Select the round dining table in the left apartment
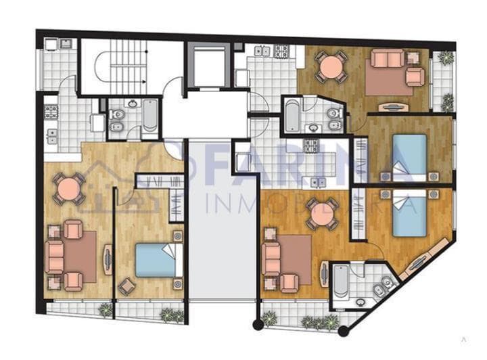coord(68,189)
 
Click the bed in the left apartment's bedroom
coord(158,261)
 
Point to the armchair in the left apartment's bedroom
coord(126,287)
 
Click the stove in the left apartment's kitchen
coord(51,112)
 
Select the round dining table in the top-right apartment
coord(331,67)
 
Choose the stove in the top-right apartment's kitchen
coord(281,51)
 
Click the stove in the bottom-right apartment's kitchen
coord(310,145)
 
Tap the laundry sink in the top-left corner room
coord(66,44)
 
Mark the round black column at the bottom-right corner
coord(344,331)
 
